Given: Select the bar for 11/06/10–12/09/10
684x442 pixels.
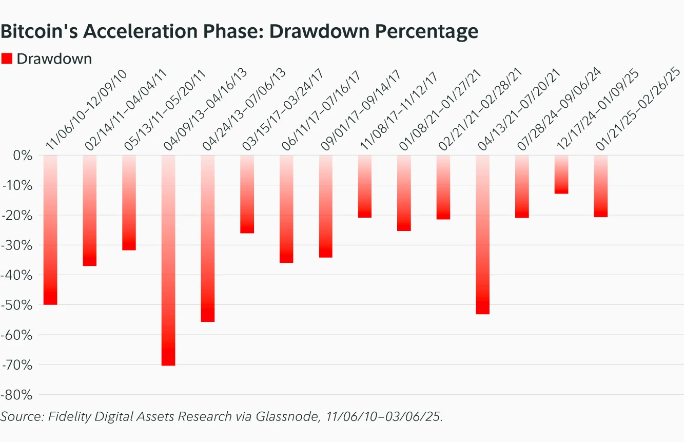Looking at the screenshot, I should [50, 230].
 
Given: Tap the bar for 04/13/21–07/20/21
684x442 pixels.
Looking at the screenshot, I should [483, 235].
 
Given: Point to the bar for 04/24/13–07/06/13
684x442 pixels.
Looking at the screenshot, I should [208, 239].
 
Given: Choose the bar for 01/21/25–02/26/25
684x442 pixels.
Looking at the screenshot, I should [601, 186].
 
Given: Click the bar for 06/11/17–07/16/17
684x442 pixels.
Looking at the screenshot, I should [286, 209].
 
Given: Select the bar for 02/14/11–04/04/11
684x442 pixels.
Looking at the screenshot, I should [90, 210].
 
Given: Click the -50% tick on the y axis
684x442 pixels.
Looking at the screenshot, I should [18, 305].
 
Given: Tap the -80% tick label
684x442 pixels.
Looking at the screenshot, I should [18, 395].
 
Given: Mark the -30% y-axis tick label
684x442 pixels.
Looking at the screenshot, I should [18, 245].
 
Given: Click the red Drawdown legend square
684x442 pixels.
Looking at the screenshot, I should [7, 59].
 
